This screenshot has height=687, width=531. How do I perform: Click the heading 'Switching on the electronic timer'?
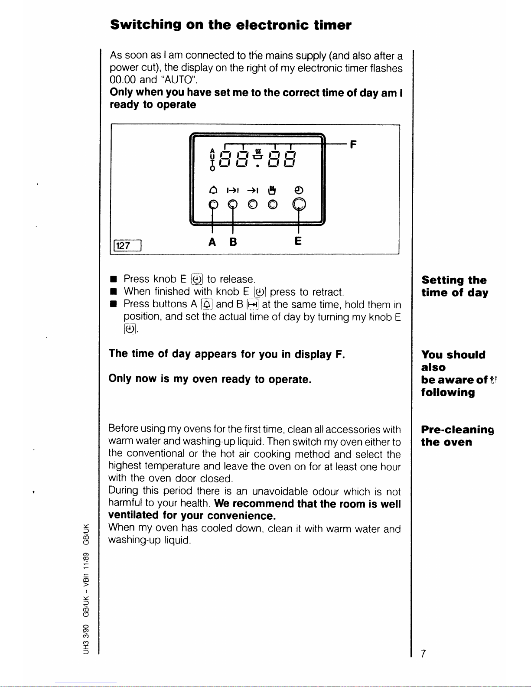tap(231, 25)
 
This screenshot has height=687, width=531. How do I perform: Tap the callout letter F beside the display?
tap(353, 144)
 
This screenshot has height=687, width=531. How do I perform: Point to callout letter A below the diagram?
tap(212, 242)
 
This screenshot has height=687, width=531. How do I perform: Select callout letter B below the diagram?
tap(233, 242)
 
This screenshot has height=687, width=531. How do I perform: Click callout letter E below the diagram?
tap(298, 241)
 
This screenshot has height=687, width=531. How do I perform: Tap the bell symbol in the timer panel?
tap(213, 190)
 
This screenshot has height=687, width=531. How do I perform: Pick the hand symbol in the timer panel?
tap(272, 189)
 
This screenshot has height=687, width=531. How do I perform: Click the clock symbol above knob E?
tap(299, 189)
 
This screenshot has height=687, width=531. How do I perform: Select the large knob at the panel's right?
tap(299, 204)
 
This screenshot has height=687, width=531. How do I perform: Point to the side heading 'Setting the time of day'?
tap(454, 286)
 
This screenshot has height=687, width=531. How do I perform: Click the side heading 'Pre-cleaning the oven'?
tap(457, 436)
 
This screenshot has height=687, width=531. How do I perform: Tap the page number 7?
tap(423, 653)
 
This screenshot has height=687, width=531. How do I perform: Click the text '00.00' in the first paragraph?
tap(123, 80)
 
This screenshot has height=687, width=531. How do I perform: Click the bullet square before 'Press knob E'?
tap(114, 280)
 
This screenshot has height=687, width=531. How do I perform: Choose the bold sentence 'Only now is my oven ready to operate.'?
tap(210, 379)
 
